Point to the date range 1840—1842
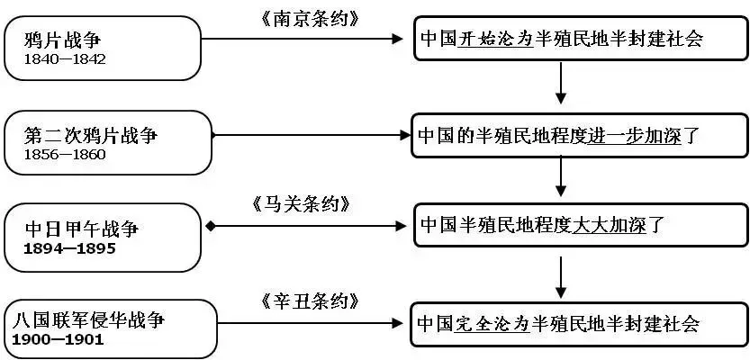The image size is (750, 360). (x=66, y=59)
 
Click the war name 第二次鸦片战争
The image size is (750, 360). (x=92, y=135)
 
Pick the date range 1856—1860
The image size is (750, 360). (x=66, y=154)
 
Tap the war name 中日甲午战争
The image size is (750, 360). (x=77, y=229)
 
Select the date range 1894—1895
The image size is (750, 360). (x=70, y=247)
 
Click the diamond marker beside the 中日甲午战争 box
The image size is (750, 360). (x=210, y=225)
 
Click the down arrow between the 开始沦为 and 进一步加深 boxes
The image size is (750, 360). (x=562, y=85)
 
